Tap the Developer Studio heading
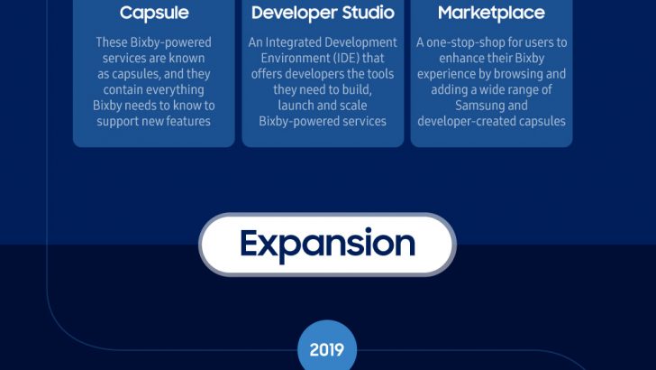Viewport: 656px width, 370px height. coord(323,14)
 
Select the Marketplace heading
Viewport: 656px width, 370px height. coord(491,14)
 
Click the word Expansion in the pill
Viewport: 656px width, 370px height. coord(327,244)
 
